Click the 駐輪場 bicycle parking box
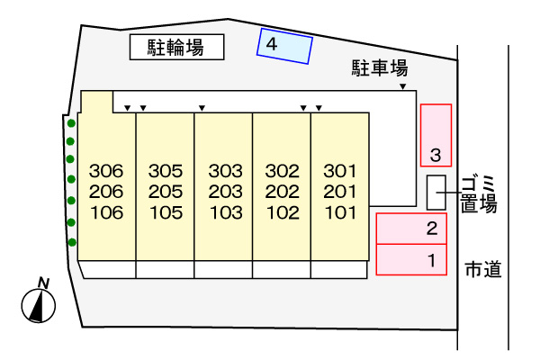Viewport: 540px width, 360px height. coord(177,47)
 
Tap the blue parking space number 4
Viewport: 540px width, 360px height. coord(284,46)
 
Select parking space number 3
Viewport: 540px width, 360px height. coord(436,135)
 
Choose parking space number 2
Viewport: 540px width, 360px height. coord(411,229)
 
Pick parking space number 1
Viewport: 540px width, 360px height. coord(411,259)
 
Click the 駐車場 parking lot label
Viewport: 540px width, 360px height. coord(380,67)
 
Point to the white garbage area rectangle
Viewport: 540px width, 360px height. coord(436,193)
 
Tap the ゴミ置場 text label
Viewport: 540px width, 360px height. coord(479,194)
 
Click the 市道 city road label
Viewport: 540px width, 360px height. coord(483,269)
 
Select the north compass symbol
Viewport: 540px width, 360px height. coord(39,301)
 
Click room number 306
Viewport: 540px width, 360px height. coord(106,171)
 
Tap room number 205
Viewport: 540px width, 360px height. coord(166,192)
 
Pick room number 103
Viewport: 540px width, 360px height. coord(226,212)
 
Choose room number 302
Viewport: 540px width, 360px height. coord(282,171)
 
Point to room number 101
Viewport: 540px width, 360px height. coord(340,212)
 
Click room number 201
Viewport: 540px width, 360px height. coord(340,192)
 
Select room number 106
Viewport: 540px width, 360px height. coord(107,212)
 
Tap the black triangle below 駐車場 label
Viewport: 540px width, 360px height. coord(403,86)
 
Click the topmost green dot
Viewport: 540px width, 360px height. coord(71,123)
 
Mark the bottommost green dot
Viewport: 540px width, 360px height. coord(72,242)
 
